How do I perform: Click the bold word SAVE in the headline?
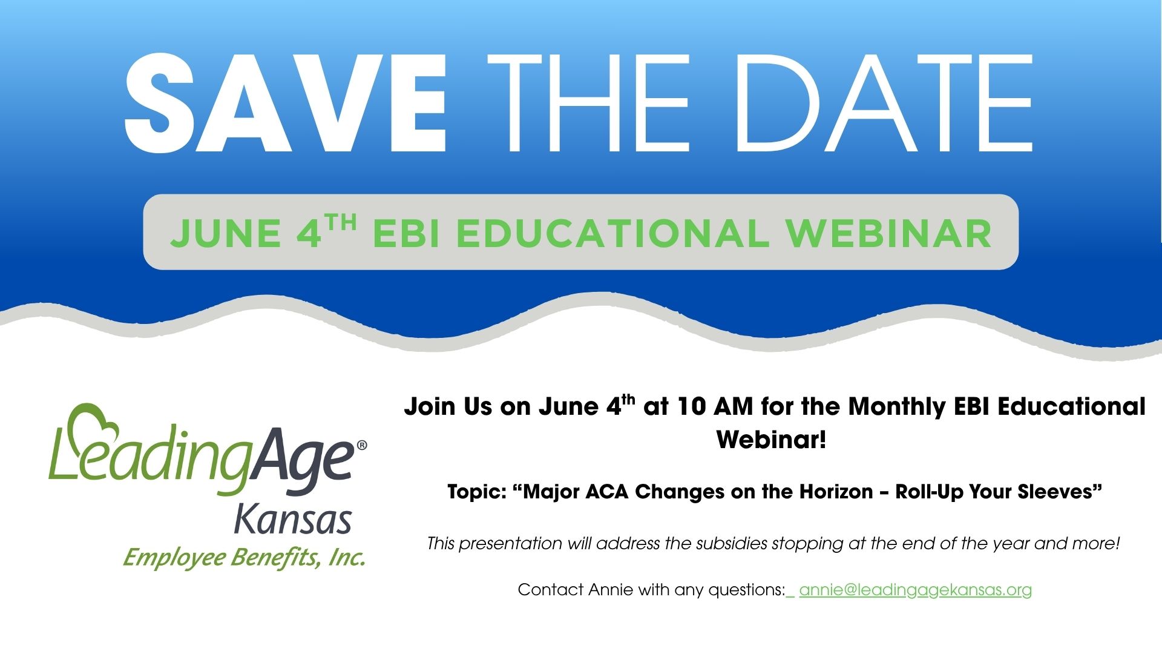click(x=286, y=103)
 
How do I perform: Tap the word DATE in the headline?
click(x=883, y=103)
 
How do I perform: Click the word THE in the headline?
click(x=596, y=103)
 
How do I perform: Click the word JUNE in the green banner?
click(x=225, y=234)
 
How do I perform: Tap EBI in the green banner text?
click(x=405, y=234)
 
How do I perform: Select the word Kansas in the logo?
click(x=293, y=519)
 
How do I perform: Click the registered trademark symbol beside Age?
click(x=362, y=445)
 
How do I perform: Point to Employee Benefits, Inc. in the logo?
click(x=244, y=557)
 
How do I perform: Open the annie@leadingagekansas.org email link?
click(x=915, y=590)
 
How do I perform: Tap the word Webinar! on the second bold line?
click(x=771, y=439)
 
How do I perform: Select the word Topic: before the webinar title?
click(x=477, y=492)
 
